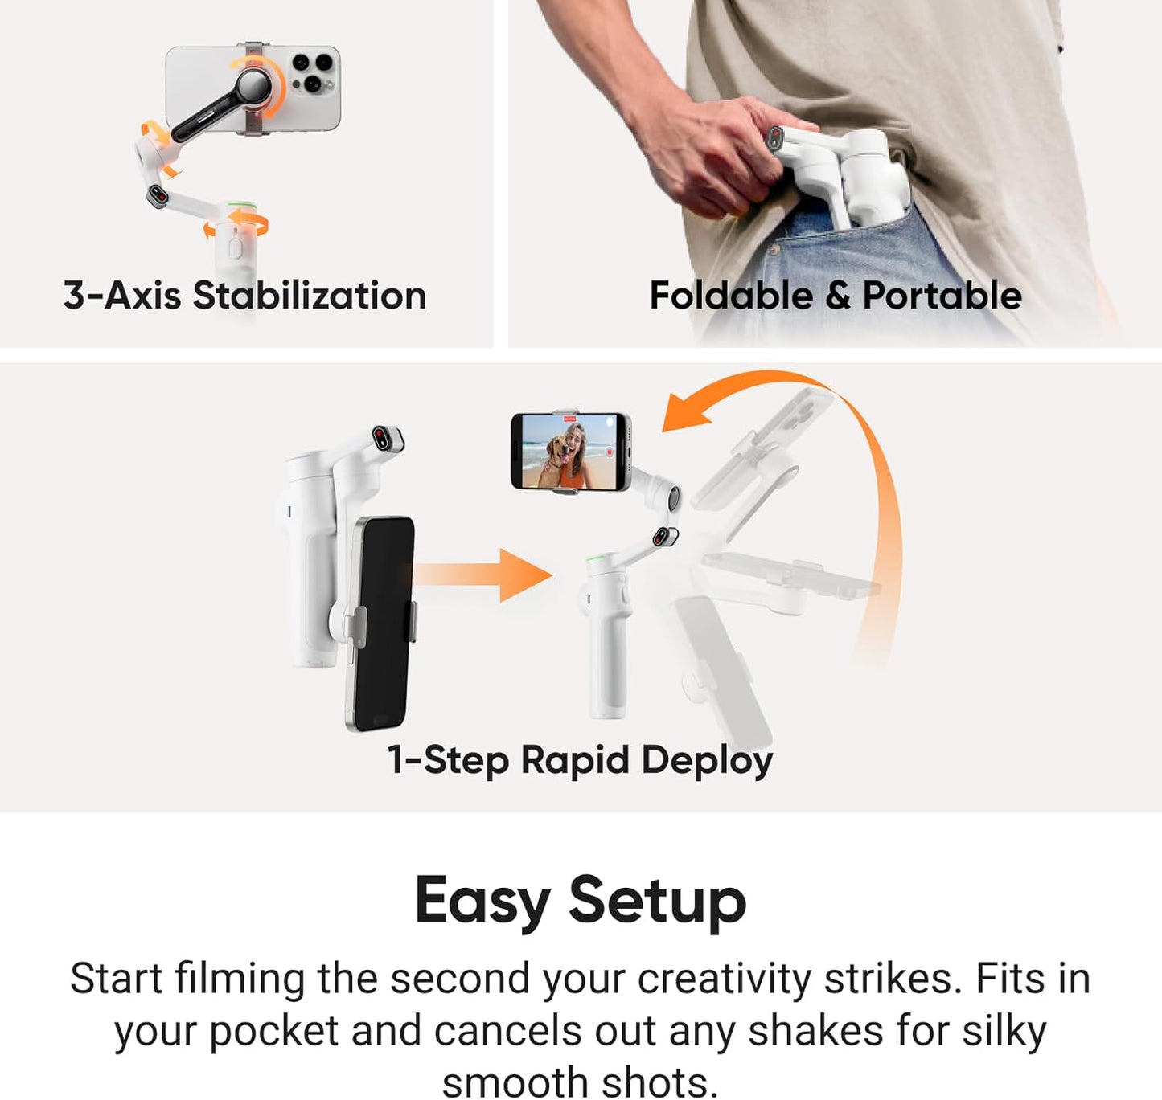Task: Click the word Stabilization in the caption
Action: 310,296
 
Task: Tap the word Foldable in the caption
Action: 731,296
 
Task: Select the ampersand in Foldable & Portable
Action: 837,296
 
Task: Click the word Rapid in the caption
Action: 574,759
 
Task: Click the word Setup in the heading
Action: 657,901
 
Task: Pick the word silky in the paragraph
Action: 1004,1031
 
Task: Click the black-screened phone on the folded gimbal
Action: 381,623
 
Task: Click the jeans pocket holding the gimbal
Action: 868,257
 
